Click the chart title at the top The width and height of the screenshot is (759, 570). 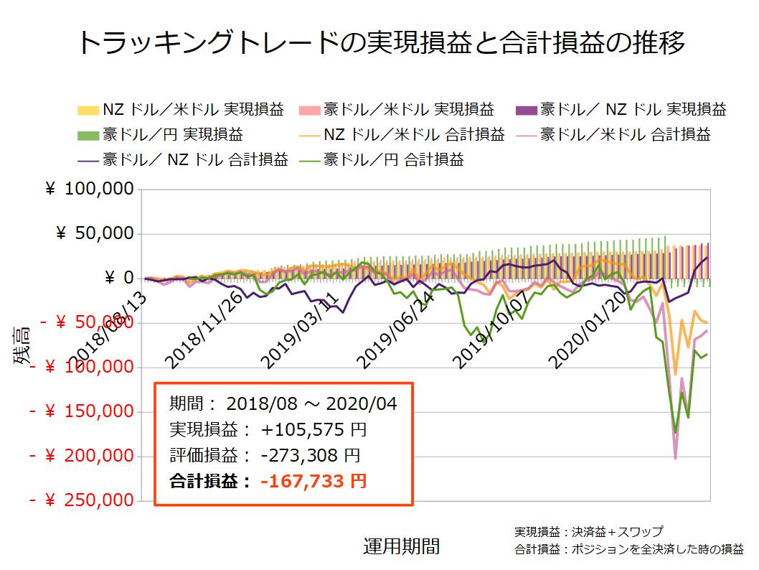coord(379,44)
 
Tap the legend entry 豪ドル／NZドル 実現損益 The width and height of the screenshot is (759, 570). coord(621,110)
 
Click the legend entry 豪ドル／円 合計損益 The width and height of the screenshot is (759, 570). coord(383,159)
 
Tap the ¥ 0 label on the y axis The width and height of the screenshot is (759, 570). coord(119,278)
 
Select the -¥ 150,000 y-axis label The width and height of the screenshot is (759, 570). coord(80,411)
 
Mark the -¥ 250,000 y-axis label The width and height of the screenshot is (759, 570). coord(80,500)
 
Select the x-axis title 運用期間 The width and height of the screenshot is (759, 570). coord(401,546)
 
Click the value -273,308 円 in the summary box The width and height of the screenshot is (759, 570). coord(310,455)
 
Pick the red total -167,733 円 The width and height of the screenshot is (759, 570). coord(313,480)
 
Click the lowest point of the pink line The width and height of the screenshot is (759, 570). coord(676,457)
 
